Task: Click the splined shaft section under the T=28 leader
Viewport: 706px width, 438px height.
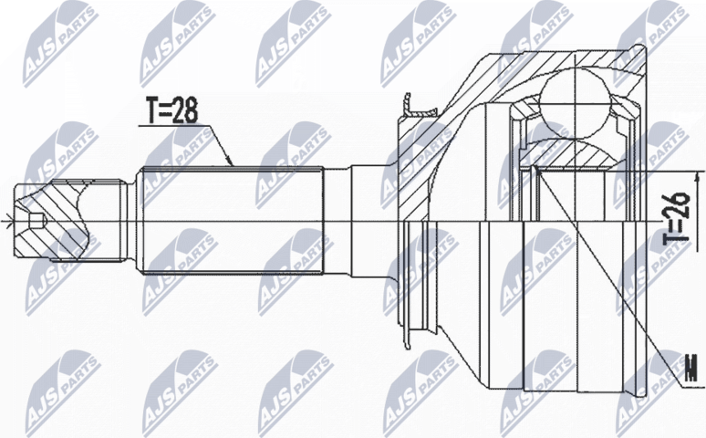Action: pyautogui.click(x=233, y=219)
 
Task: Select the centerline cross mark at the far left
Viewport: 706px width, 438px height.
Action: pyautogui.click(x=6, y=219)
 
